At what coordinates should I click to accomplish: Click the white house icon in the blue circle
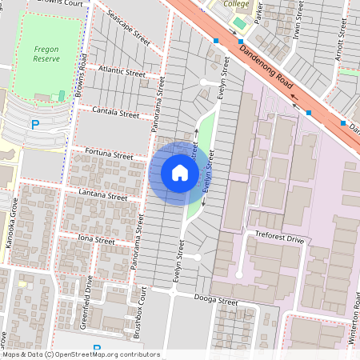coord(180,173)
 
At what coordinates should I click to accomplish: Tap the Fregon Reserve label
coord(46,54)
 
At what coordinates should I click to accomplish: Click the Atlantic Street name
coord(122,73)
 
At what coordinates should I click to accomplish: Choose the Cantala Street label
coord(115,113)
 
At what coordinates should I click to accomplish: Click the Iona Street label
coord(96,238)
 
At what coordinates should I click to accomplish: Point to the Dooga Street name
coord(216,302)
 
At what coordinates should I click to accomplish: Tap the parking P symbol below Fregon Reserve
coord(34,124)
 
